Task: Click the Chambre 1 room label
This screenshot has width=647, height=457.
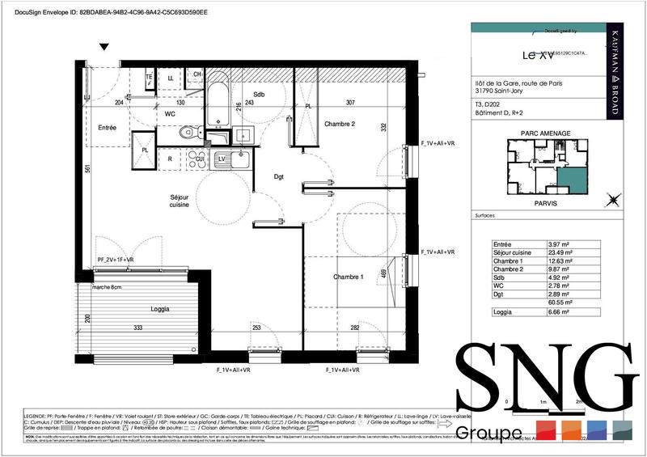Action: click(349, 277)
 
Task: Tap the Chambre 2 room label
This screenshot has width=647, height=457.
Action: click(340, 124)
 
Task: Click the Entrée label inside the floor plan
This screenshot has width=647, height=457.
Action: click(107, 128)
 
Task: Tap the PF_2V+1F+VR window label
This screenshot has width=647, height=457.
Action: click(116, 260)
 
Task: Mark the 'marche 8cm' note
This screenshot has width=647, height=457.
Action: click(107, 287)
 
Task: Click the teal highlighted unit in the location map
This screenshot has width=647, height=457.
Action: click(572, 179)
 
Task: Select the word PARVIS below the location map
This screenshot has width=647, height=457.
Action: click(545, 204)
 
